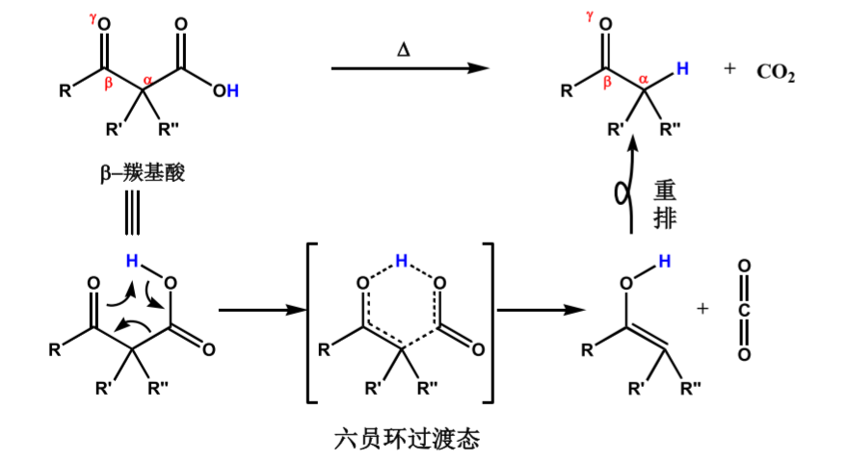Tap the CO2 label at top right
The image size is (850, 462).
point(776,73)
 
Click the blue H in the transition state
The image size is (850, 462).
point(401,260)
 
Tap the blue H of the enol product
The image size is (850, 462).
point(662,262)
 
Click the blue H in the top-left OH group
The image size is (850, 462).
point(233,90)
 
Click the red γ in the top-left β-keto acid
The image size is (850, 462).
point(93,17)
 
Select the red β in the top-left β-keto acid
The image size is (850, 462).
point(108,85)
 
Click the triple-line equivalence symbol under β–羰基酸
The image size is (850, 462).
point(135,219)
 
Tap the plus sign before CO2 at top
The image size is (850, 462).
point(730,69)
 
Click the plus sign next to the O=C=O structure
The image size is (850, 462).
point(703,309)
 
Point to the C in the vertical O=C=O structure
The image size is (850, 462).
point(744,310)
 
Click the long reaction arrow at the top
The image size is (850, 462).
point(406,68)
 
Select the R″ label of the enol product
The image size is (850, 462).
point(691,390)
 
